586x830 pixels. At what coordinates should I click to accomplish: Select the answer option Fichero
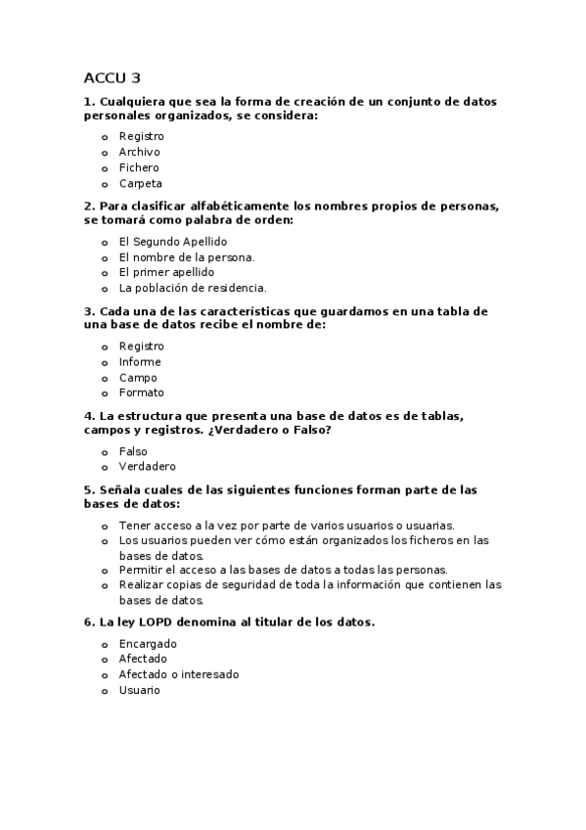pos(139,167)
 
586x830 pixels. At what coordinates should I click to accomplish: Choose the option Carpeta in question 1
pos(140,183)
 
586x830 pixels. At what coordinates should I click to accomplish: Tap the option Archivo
pos(139,152)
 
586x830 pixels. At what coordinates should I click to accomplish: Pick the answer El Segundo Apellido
pos(172,241)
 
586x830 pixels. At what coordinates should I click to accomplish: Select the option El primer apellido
pos(166,272)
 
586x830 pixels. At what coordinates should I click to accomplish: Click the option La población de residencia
pos(192,288)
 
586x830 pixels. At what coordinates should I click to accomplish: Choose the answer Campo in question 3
pos(138,378)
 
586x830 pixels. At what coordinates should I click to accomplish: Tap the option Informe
pos(140,362)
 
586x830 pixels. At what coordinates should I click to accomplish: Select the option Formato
pos(141,392)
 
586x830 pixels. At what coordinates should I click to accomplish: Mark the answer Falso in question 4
pos(133,451)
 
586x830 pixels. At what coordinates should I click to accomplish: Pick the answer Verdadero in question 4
pos(147,467)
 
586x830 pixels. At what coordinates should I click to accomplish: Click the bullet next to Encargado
pos(105,645)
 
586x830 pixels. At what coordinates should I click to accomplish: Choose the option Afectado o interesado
pos(178,674)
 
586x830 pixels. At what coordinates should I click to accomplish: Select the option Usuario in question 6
pos(139,690)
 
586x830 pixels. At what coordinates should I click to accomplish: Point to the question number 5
pos(89,489)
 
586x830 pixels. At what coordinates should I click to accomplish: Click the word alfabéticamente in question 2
pos(220,207)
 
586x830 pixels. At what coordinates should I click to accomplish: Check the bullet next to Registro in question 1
pos(105,137)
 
